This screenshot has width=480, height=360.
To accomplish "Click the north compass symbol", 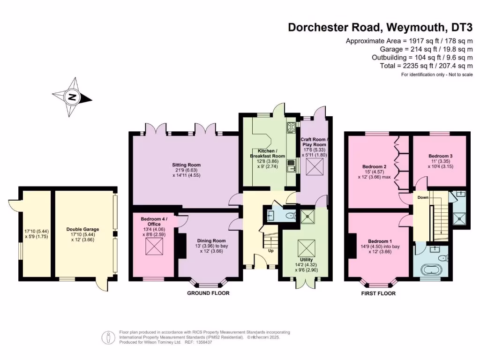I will tap(72, 97).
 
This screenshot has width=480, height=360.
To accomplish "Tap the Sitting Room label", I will tap(186, 165).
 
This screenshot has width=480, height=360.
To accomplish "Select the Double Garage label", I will tap(82, 229).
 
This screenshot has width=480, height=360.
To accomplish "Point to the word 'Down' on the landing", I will tap(423, 198).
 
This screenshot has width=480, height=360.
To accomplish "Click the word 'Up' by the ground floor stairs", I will tap(270, 251).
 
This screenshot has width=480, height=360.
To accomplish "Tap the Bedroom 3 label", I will tap(440, 156).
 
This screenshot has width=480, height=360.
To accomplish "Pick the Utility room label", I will tap(307, 259).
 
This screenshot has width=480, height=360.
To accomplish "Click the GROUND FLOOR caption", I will tap(208, 293).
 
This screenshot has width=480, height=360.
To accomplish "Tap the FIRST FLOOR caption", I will tap(378, 293).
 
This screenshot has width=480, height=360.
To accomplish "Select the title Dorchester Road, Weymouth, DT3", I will tap(380, 27).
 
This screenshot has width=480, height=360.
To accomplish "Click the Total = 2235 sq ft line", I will tap(426, 66).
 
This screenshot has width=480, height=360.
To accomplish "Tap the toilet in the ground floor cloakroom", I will tap(290, 216).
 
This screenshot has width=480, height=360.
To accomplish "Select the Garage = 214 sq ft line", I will tap(426, 49).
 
